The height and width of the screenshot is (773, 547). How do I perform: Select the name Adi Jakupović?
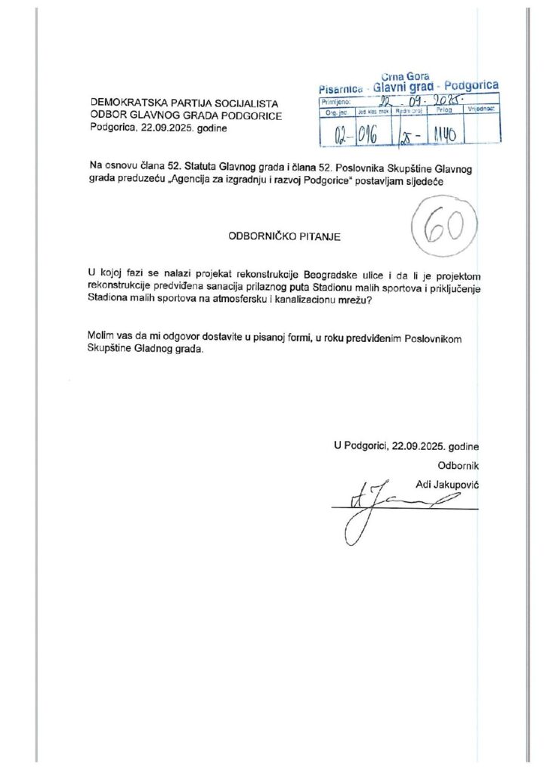tap(448, 482)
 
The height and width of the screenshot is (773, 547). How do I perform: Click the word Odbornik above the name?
tap(459, 464)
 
